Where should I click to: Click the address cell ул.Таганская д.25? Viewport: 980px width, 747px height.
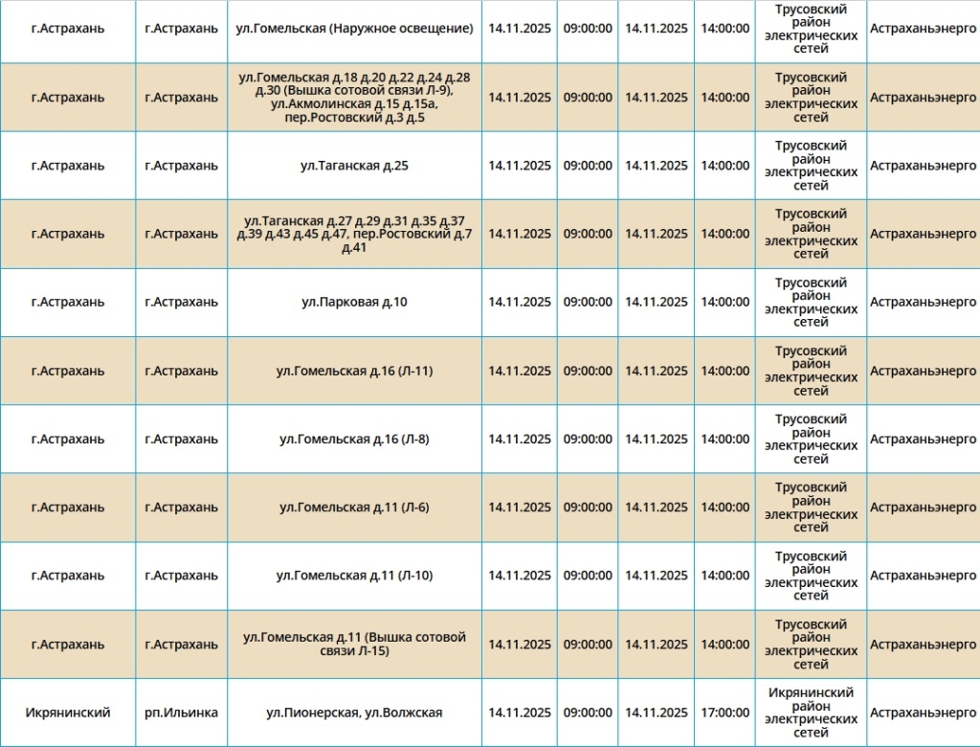[x=354, y=166]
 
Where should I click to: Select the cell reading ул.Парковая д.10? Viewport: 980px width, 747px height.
[x=354, y=303]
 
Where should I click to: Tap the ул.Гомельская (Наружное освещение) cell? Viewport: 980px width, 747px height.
[x=354, y=29]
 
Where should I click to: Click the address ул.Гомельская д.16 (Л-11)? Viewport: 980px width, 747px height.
[x=354, y=371]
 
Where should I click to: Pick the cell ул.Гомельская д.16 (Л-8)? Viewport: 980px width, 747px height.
[x=354, y=440]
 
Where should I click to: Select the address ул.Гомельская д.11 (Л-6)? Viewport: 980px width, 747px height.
[x=354, y=508]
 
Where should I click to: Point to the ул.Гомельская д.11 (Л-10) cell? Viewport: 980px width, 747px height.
[x=354, y=576]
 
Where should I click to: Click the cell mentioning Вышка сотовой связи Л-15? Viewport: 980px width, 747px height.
[x=354, y=645]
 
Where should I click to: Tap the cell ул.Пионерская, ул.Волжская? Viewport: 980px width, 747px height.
[x=354, y=713]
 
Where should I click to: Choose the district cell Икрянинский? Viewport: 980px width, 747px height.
[x=68, y=713]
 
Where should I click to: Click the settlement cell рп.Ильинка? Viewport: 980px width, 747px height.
[x=181, y=713]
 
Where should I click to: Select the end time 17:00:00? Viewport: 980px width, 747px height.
[x=724, y=713]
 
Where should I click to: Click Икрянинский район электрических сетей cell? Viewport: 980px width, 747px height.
[x=811, y=713]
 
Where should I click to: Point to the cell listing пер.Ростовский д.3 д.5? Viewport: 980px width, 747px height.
[x=354, y=98]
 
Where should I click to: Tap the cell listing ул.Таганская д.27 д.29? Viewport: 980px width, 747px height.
[x=354, y=234]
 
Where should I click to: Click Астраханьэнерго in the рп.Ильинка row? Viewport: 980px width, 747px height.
[x=923, y=713]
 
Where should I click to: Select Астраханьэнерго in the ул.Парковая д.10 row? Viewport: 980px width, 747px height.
[x=923, y=303]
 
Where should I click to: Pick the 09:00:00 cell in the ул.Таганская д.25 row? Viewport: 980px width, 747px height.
[x=588, y=166]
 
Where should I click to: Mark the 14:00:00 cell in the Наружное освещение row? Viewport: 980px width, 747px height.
[x=724, y=29]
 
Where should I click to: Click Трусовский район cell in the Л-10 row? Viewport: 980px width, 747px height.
[x=811, y=576]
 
